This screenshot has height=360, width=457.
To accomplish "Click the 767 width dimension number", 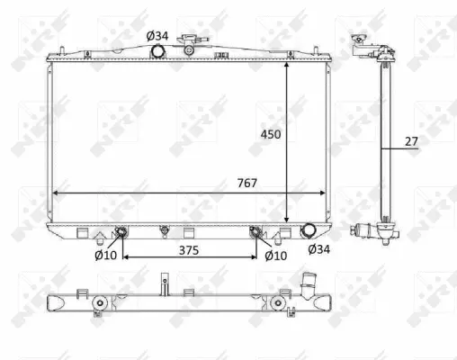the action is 247,183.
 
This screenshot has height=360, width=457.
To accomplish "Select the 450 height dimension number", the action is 271,134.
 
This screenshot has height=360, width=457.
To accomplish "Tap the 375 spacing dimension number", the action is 189,250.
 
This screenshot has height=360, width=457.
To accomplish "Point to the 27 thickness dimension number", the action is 411,141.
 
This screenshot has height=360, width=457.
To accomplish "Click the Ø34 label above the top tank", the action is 157,36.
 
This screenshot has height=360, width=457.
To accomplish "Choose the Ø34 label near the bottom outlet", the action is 318,249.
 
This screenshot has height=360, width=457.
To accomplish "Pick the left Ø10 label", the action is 105,256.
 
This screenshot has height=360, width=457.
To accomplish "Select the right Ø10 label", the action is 276,256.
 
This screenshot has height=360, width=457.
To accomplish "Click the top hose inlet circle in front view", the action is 157,50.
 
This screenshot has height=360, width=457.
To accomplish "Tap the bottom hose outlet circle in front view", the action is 308,229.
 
